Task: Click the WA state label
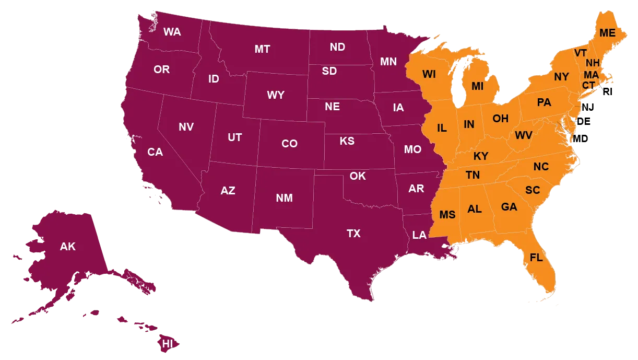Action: click(x=172, y=32)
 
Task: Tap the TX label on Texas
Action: click(x=353, y=234)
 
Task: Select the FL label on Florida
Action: click(x=536, y=258)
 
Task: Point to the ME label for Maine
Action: click(x=607, y=33)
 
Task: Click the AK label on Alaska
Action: click(x=68, y=247)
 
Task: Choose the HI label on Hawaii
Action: click(x=168, y=344)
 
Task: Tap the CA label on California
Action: click(x=155, y=152)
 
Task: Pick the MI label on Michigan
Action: click(x=477, y=86)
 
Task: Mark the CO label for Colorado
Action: click(x=289, y=144)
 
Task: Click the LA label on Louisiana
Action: click(x=419, y=235)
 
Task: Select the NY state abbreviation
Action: click(x=561, y=77)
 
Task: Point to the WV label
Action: click(x=524, y=136)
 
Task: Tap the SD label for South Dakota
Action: click(x=329, y=71)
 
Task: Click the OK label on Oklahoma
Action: click(x=358, y=176)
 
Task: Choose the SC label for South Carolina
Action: click(x=533, y=190)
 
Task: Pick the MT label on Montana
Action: click(x=262, y=49)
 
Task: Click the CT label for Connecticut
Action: click(x=588, y=85)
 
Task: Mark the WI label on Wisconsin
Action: click(x=429, y=74)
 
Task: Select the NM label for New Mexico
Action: click(x=284, y=198)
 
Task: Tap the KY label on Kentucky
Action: click(x=481, y=156)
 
